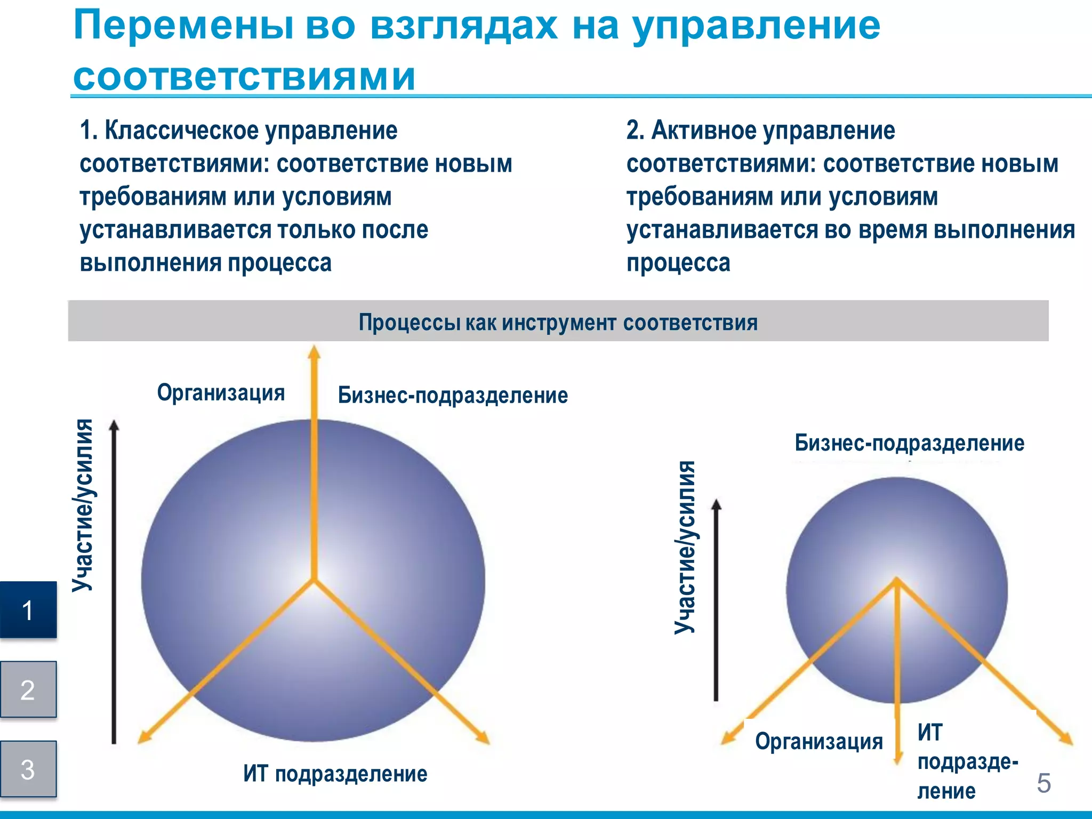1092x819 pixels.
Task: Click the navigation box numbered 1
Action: tap(28, 610)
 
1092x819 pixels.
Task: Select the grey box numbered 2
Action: tap(28, 689)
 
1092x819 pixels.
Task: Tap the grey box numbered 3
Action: tap(28, 769)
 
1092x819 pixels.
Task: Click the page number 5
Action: tap(1043, 783)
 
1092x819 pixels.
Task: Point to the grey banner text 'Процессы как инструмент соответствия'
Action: tap(558, 323)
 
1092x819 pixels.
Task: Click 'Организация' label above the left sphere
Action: tap(221, 393)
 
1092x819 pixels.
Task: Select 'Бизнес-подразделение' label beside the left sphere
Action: tap(453, 396)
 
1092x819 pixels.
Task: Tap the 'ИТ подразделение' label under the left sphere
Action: tap(335, 774)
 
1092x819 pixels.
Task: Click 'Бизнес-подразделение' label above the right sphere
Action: tap(909, 443)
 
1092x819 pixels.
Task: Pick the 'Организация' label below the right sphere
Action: tap(819, 742)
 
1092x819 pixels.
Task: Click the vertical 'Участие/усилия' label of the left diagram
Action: tap(84, 505)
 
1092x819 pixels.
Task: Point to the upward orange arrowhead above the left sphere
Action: tap(314, 352)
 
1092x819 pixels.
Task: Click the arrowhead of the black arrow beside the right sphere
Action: tap(717, 505)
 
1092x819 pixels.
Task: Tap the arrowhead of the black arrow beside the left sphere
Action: tap(114, 425)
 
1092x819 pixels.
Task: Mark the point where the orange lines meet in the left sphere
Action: tap(314, 580)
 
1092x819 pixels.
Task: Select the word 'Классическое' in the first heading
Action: tap(181, 131)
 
